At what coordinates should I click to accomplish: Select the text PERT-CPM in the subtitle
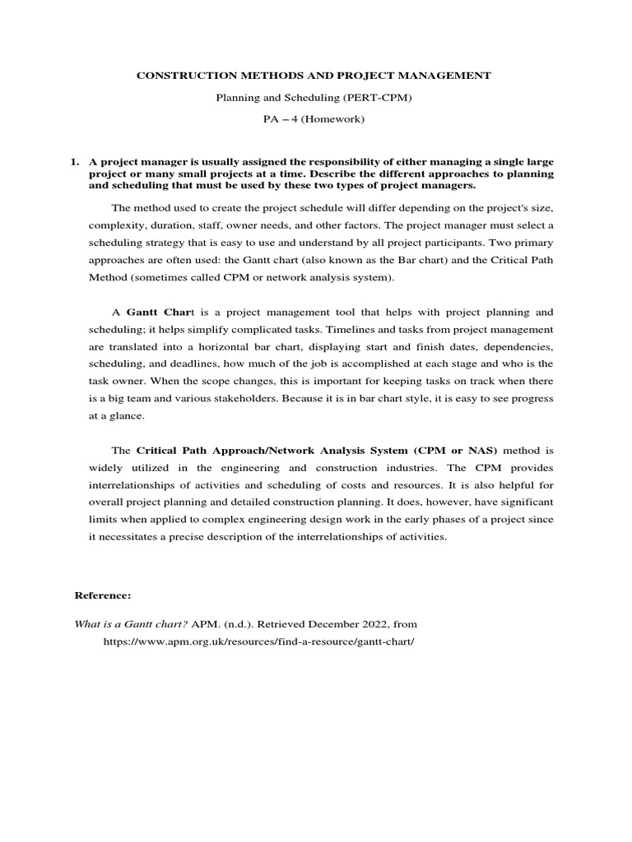(388, 98)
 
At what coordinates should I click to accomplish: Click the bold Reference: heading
(103, 594)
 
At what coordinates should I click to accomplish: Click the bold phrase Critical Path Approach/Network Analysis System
(272, 451)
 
